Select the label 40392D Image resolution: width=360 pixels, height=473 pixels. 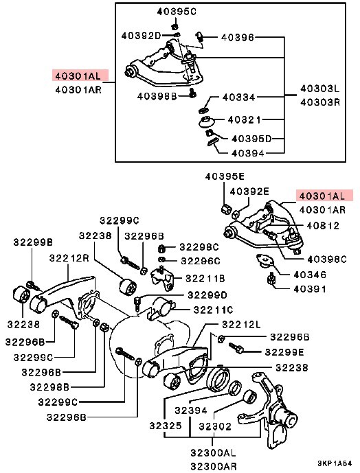tap(141, 35)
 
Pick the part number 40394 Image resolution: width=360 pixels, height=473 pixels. tap(249, 153)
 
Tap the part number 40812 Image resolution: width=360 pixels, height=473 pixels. tap(321, 224)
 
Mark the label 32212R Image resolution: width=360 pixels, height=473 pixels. tap(70, 257)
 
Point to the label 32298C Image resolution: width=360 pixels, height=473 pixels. tap(199, 246)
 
